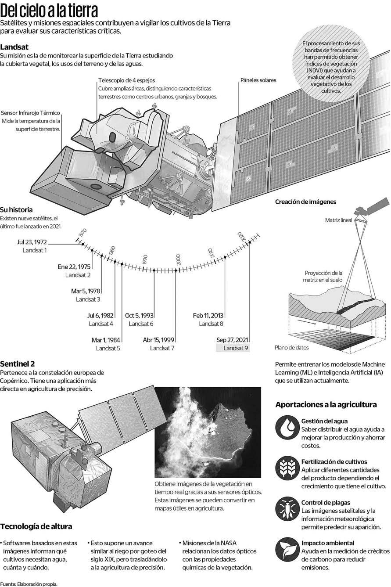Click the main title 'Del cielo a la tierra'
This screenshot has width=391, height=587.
pos(49,10)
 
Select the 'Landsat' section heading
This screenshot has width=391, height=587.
pos(15,47)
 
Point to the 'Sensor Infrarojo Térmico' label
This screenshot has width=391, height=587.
pos(31,113)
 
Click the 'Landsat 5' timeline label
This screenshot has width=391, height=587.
pos(108,348)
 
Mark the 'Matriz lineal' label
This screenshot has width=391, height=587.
pos(338,220)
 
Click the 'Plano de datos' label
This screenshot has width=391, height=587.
pos(292,348)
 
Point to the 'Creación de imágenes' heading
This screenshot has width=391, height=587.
pos(305,202)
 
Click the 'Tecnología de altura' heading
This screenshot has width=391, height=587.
pos(36,526)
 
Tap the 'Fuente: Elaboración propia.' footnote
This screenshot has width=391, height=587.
pos(29,584)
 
